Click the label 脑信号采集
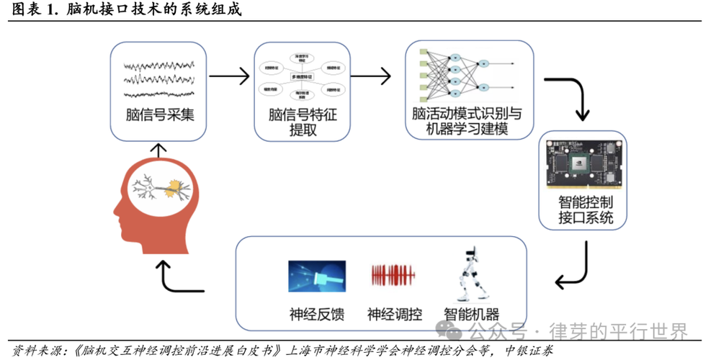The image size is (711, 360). (x=158, y=115)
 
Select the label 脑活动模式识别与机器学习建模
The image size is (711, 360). (x=467, y=121)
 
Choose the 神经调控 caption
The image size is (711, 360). (x=394, y=314)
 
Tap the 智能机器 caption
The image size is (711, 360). (x=471, y=314)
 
